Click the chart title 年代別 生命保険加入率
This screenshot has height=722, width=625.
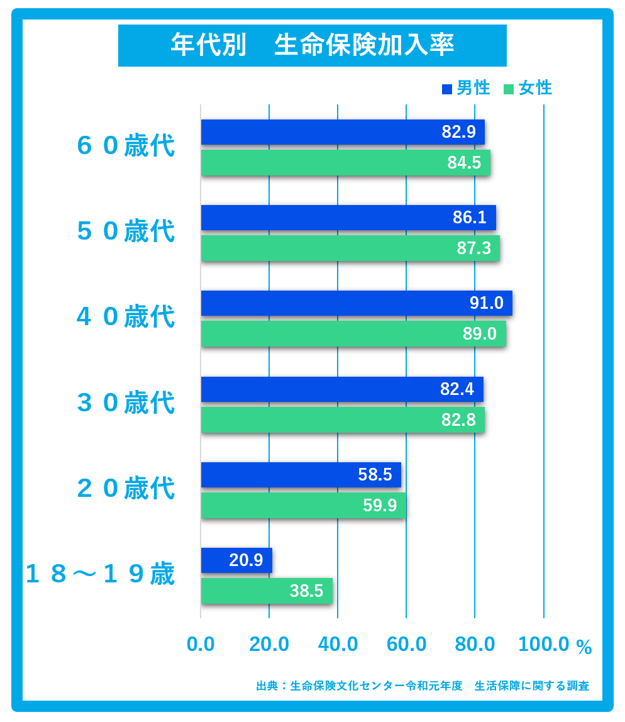tap(312, 45)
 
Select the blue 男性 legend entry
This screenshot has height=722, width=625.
tap(466, 88)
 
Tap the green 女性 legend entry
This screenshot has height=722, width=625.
tap(528, 88)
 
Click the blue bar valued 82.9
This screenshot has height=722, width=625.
tap(343, 132)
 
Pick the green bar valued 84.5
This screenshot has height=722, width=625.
tap(345, 162)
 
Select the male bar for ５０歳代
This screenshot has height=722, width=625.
tap(348, 218)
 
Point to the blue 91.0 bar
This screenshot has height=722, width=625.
tap(357, 303)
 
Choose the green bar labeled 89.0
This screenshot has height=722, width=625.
tap(353, 333)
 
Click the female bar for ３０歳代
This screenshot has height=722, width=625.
tap(343, 419)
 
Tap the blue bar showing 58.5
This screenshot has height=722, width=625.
tap(301, 475)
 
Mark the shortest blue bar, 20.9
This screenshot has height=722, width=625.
tap(236, 560)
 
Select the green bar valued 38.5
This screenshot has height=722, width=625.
tap(267, 591)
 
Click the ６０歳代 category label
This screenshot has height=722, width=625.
tap(126, 146)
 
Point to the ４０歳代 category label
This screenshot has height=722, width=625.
tap(126, 317)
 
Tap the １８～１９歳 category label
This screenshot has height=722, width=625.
tap(99, 574)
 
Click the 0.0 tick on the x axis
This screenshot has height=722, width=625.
tap(201, 644)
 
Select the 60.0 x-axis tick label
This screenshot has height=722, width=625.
tap(407, 644)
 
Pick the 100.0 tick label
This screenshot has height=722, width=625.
tap(544, 644)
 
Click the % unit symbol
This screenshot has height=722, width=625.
tap(584, 647)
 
